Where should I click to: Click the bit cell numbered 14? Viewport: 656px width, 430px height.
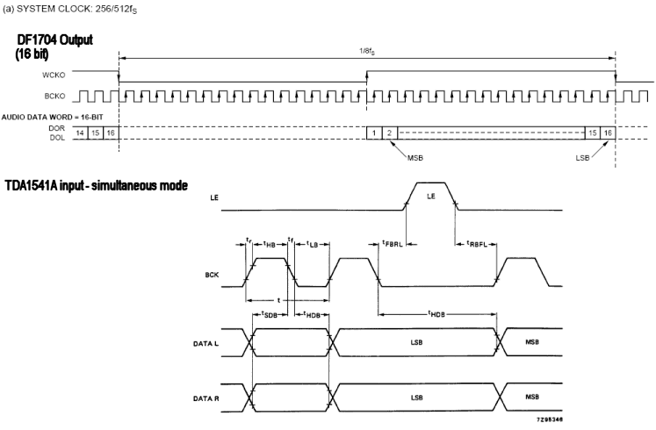tap(80, 132)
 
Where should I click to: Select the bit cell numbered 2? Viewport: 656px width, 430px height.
tap(390, 132)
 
